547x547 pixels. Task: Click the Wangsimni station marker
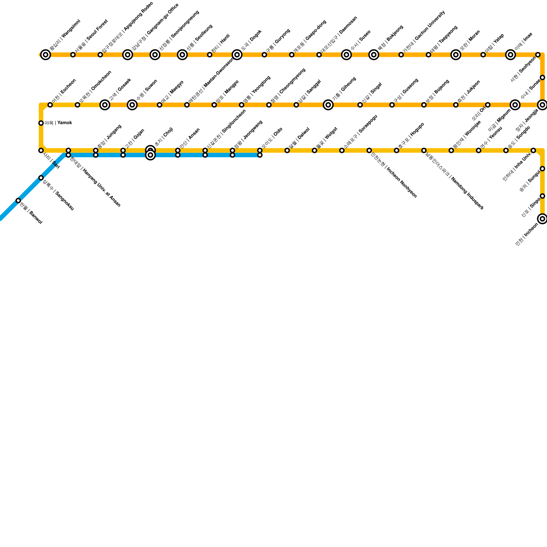click(x=45, y=55)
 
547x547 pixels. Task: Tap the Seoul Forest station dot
click(x=73, y=55)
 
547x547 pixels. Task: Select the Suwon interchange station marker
click(x=132, y=105)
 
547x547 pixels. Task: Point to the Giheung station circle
click(x=328, y=105)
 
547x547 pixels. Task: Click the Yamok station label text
click(x=58, y=123)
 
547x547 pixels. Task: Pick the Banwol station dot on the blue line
click(x=18, y=200)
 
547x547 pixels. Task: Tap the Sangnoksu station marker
click(x=41, y=178)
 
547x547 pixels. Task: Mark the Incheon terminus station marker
click(x=542, y=219)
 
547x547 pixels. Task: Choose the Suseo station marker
click(x=347, y=55)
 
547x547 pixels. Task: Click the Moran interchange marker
click(x=456, y=55)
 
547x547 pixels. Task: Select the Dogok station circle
click(x=237, y=55)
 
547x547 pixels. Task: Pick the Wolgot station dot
click(x=315, y=150)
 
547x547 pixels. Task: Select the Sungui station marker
click(x=542, y=169)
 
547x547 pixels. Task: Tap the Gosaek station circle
click(x=105, y=105)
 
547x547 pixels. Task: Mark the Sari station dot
click(x=41, y=150)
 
